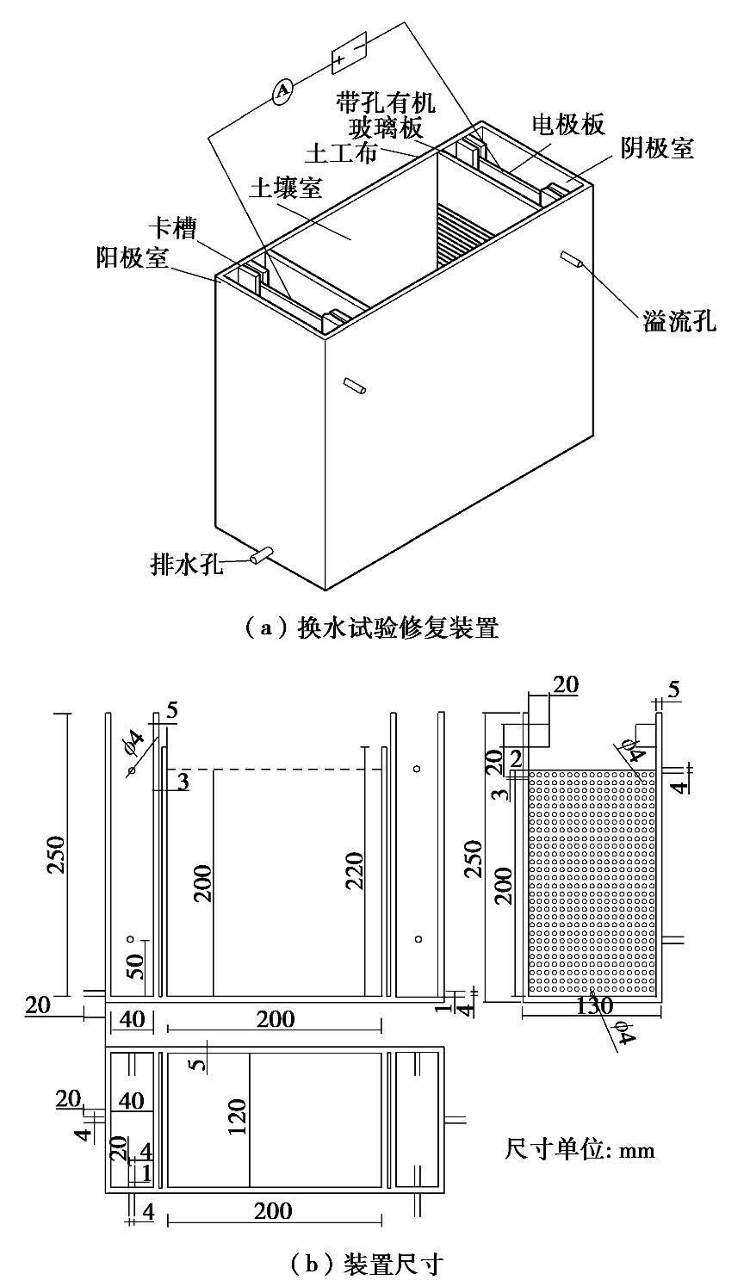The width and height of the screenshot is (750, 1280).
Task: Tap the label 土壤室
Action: point(284,187)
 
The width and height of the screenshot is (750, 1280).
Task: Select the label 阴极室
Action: point(657,149)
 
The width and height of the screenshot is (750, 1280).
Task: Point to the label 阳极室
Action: point(133,257)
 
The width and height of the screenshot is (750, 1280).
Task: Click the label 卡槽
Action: point(173,228)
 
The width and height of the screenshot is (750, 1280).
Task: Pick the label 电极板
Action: point(567,124)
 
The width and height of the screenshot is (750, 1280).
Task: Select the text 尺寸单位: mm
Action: point(579,1148)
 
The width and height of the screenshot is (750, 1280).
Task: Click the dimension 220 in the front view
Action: point(356,870)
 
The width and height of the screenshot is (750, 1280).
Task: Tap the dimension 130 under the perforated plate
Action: point(592,1005)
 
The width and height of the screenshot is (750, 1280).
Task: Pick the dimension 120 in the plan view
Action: point(238,1116)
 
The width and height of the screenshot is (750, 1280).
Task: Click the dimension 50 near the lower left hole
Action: point(136,963)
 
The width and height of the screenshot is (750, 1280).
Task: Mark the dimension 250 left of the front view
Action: point(56,854)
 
